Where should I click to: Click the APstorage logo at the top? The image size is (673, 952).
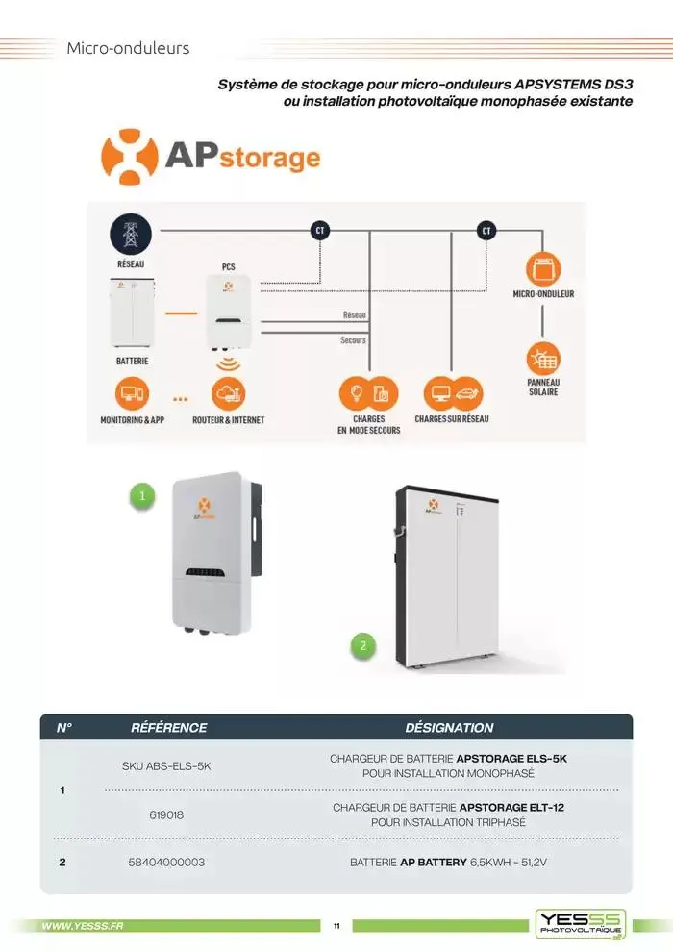point(212,156)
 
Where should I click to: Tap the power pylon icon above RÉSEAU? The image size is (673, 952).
point(131,235)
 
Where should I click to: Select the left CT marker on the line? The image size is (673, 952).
point(320,231)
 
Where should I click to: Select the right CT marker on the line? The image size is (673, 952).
point(486,231)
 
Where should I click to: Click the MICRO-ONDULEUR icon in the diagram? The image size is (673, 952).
point(543,269)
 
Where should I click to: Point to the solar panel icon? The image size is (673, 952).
point(543,359)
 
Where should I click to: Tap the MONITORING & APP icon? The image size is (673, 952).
point(132,393)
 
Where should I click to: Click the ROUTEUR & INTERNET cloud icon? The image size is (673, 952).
point(229,393)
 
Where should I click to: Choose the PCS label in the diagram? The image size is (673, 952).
point(229,266)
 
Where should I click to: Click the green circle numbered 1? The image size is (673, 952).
point(142,496)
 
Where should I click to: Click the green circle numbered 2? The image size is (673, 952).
point(363,646)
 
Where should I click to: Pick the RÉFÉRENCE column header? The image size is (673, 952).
point(169,728)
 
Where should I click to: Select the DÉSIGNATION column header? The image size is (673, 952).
point(449,728)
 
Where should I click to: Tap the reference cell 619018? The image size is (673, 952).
point(166,814)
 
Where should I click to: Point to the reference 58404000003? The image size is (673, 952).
point(166,863)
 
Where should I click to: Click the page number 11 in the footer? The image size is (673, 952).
point(337,926)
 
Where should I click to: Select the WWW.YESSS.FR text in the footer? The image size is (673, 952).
point(83,926)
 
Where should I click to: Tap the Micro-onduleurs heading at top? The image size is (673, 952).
point(128,48)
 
